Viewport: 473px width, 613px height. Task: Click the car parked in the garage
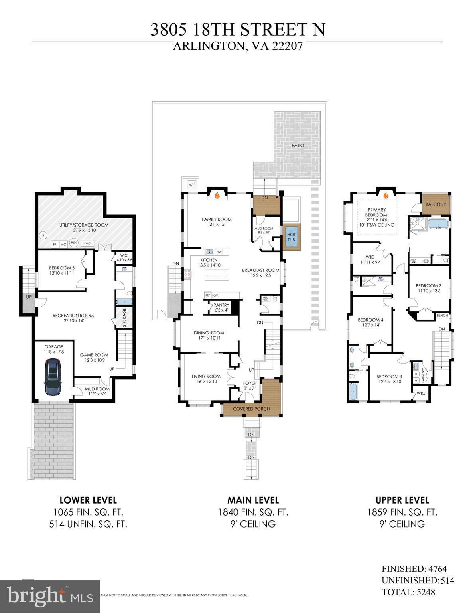pyautogui.click(x=53, y=377)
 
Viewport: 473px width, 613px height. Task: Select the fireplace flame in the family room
pyautogui.click(x=217, y=196)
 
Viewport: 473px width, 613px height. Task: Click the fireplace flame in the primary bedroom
pyautogui.click(x=386, y=196)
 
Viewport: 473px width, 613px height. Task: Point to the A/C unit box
pyautogui.click(x=192, y=185)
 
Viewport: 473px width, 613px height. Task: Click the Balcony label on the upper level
pyautogui.click(x=436, y=204)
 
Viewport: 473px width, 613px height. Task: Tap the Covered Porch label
pyautogui.click(x=251, y=409)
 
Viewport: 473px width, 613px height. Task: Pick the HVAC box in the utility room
pyautogui.click(x=87, y=243)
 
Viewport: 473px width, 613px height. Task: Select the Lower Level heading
pyautogui.click(x=88, y=500)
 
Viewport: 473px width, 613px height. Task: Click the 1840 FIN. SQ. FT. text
pyautogui.click(x=253, y=512)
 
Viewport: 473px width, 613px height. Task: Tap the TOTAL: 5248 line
pyautogui.click(x=408, y=592)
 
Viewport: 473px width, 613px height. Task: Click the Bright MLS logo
pyautogui.click(x=50, y=597)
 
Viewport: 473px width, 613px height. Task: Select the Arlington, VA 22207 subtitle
pyautogui.click(x=237, y=46)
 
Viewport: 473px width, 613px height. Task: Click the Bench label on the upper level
pyautogui.click(x=442, y=316)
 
